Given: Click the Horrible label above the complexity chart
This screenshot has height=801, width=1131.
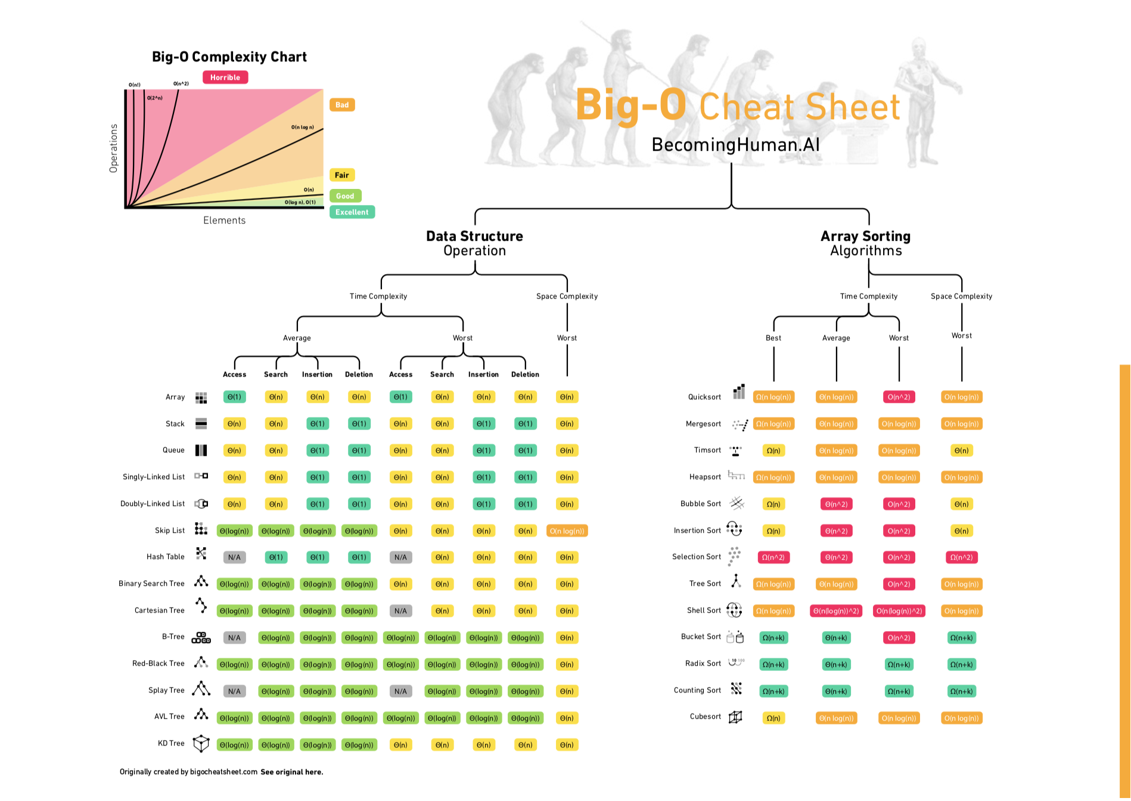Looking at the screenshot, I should [x=225, y=77].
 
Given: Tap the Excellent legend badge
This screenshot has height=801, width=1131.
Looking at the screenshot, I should [x=352, y=212].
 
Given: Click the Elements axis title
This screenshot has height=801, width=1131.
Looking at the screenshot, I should [x=224, y=221].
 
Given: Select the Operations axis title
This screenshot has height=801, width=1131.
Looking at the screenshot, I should [x=113, y=148].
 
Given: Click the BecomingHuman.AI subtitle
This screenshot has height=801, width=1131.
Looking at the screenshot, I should [x=735, y=145].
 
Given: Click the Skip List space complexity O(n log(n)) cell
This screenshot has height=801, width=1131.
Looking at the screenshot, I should [x=567, y=531].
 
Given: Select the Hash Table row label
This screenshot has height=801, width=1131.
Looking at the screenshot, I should [x=165, y=557].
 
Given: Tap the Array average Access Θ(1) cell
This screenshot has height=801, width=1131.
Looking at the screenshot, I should [x=234, y=397].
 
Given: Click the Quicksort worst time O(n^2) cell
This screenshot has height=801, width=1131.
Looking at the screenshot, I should [x=899, y=397].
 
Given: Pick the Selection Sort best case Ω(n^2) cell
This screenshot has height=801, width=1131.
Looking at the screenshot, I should [x=773, y=557].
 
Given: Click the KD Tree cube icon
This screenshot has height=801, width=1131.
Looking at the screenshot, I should [x=201, y=743].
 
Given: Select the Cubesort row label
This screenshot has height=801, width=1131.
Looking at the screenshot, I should [x=705, y=716].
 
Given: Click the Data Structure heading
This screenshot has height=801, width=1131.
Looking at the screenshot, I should [x=474, y=237].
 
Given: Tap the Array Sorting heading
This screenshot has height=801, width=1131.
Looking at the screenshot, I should [x=865, y=237].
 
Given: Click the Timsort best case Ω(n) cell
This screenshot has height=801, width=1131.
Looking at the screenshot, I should [x=773, y=451].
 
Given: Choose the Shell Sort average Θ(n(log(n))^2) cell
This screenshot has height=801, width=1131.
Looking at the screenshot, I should [x=836, y=611].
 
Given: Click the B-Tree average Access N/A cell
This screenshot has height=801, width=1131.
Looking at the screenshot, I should [x=234, y=638].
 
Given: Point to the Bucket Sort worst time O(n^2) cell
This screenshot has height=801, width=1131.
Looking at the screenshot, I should [x=899, y=638].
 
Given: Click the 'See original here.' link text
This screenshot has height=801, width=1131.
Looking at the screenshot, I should [x=291, y=772].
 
